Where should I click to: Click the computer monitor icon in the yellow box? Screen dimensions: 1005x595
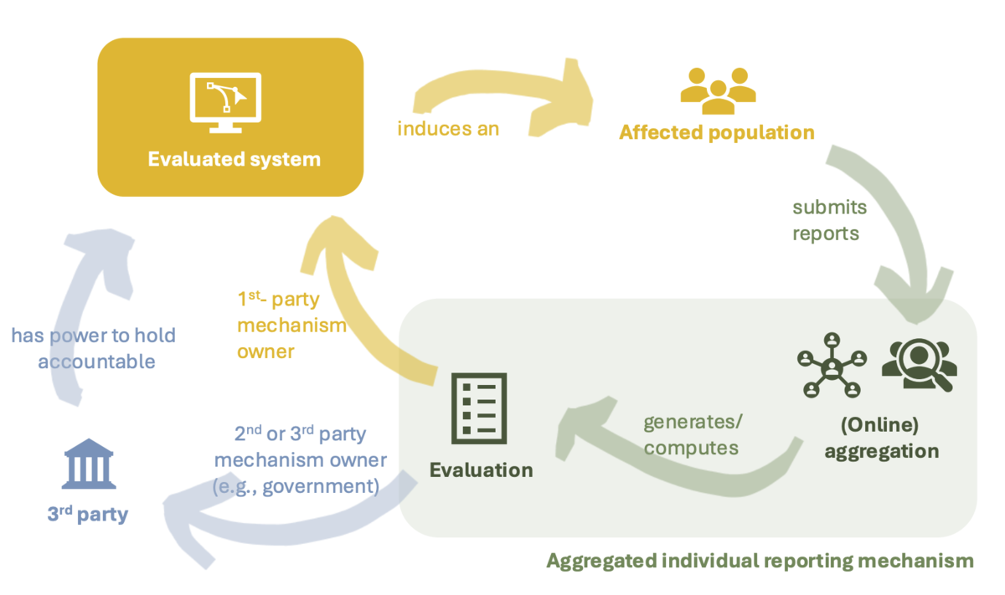point(225,103)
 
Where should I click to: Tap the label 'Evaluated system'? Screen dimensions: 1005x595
point(234,160)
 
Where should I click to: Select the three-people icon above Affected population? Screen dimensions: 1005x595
point(718,90)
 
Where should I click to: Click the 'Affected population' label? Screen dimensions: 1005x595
point(717,133)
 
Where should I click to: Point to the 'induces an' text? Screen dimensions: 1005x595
point(448,129)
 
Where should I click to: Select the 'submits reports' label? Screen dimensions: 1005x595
point(829,221)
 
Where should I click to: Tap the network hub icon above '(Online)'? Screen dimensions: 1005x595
point(832,366)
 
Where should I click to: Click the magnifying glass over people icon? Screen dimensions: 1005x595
point(920,364)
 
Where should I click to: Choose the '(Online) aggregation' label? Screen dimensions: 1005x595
point(881,438)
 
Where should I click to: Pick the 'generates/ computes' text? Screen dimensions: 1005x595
point(693,435)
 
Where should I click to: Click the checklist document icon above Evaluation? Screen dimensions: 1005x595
point(479,408)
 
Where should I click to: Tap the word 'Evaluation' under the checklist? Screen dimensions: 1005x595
point(482,470)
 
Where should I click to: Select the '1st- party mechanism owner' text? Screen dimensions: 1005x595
point(291,325)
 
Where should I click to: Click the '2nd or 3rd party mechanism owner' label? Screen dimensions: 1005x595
point(300,459)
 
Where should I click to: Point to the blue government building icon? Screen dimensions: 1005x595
point(89,464)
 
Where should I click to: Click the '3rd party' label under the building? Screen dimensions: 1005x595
point(88,514)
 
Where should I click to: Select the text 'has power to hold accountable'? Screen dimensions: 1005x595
point(93,348)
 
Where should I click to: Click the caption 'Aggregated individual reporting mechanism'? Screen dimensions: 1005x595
point(760,562)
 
